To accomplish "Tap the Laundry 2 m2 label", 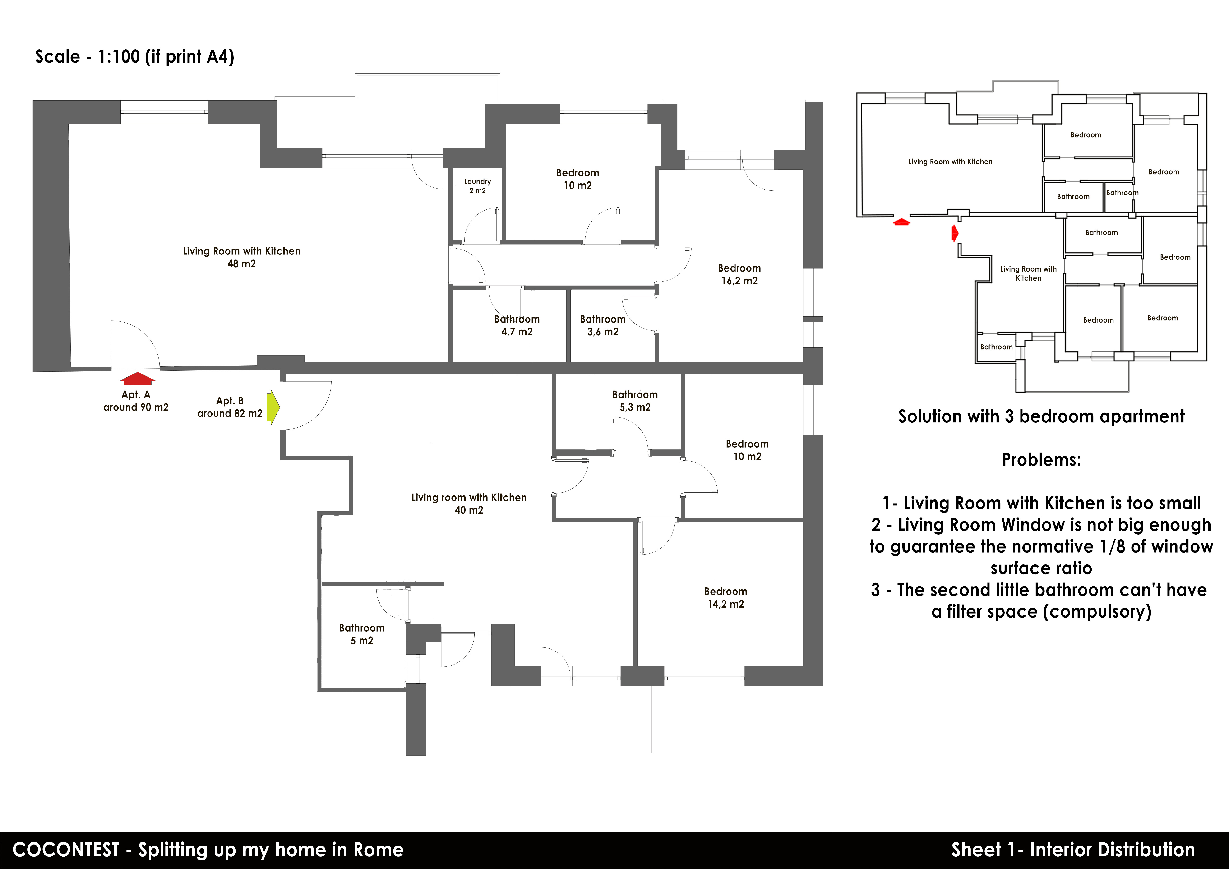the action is pyautogui.click(x=477, y=186).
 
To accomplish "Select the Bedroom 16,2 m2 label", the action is pyautogui.click(x=739, y=274).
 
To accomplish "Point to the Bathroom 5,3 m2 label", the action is pyautogui.click(x=635, y=401).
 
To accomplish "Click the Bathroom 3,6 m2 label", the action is pyautogui.click(x=603, y=325).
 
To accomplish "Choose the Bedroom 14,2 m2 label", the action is pyautogui.click(x=725, y=597).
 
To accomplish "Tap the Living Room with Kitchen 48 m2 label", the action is pyautogui.click(x=241, y=257).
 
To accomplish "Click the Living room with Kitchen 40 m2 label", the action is pyautogui.click(x=469, y=503).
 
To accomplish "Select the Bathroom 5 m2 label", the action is pyautogui.click(x=362, y=634).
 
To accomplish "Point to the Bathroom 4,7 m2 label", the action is pyautogui.click(x=517, y=325).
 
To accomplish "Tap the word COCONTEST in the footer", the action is pyautogui.click(x=66, y=850).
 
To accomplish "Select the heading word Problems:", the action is pyautogui.click(x=1041, y=459).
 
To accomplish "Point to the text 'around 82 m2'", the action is pyautogui.click(x=230, y=413).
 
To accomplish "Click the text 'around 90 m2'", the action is pyautogui.click(x=136, y=407).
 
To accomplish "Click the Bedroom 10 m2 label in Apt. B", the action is pyautogui.click(x=747, y=450).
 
